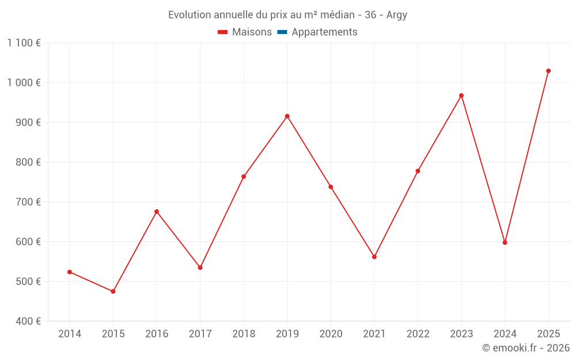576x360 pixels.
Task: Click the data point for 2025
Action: click(x=548, y=71)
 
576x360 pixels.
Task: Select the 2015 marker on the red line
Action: click(x=113, y=291)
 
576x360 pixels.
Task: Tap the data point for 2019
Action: click(x=287, y=116)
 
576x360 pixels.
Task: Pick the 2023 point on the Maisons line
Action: click(x=461, y=96)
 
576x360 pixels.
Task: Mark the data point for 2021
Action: click(x=374, y=257)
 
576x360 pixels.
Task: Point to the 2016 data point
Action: click(x=157, y=211)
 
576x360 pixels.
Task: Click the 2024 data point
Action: click(x=505, y=242)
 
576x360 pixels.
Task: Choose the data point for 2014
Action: click(x=70, y=272)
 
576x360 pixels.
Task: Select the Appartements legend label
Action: click(x=324, y=32)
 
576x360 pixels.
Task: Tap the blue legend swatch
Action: click(x=282, y=32)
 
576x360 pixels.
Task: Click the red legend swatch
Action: click(x=222, y=32)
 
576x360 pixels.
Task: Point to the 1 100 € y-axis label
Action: click(x=24, y=43)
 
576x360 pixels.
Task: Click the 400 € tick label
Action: click(x=28, y=321)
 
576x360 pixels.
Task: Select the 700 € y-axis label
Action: click(x=28, y=202)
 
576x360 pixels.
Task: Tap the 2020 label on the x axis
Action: click(x=331, y=334)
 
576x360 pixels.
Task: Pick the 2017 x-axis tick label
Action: click(x=200, y=334)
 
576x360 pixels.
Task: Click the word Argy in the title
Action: click(x=397, y=16)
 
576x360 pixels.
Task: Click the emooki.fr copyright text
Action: click(x=526, y=347)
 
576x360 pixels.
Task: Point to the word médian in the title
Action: click(x=337, y=15)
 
